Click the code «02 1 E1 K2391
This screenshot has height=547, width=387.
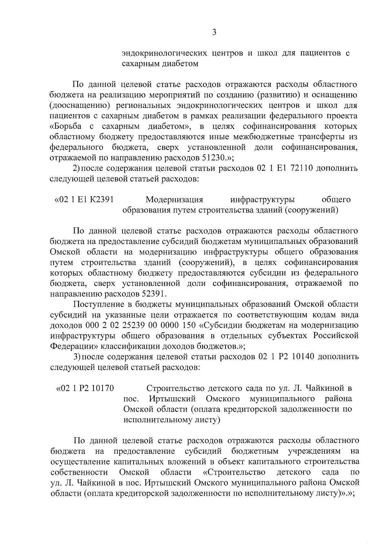[x=84, y=200]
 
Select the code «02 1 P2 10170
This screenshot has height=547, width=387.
[x=85, y=388]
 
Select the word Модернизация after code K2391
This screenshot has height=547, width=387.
[x=174, y=200]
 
